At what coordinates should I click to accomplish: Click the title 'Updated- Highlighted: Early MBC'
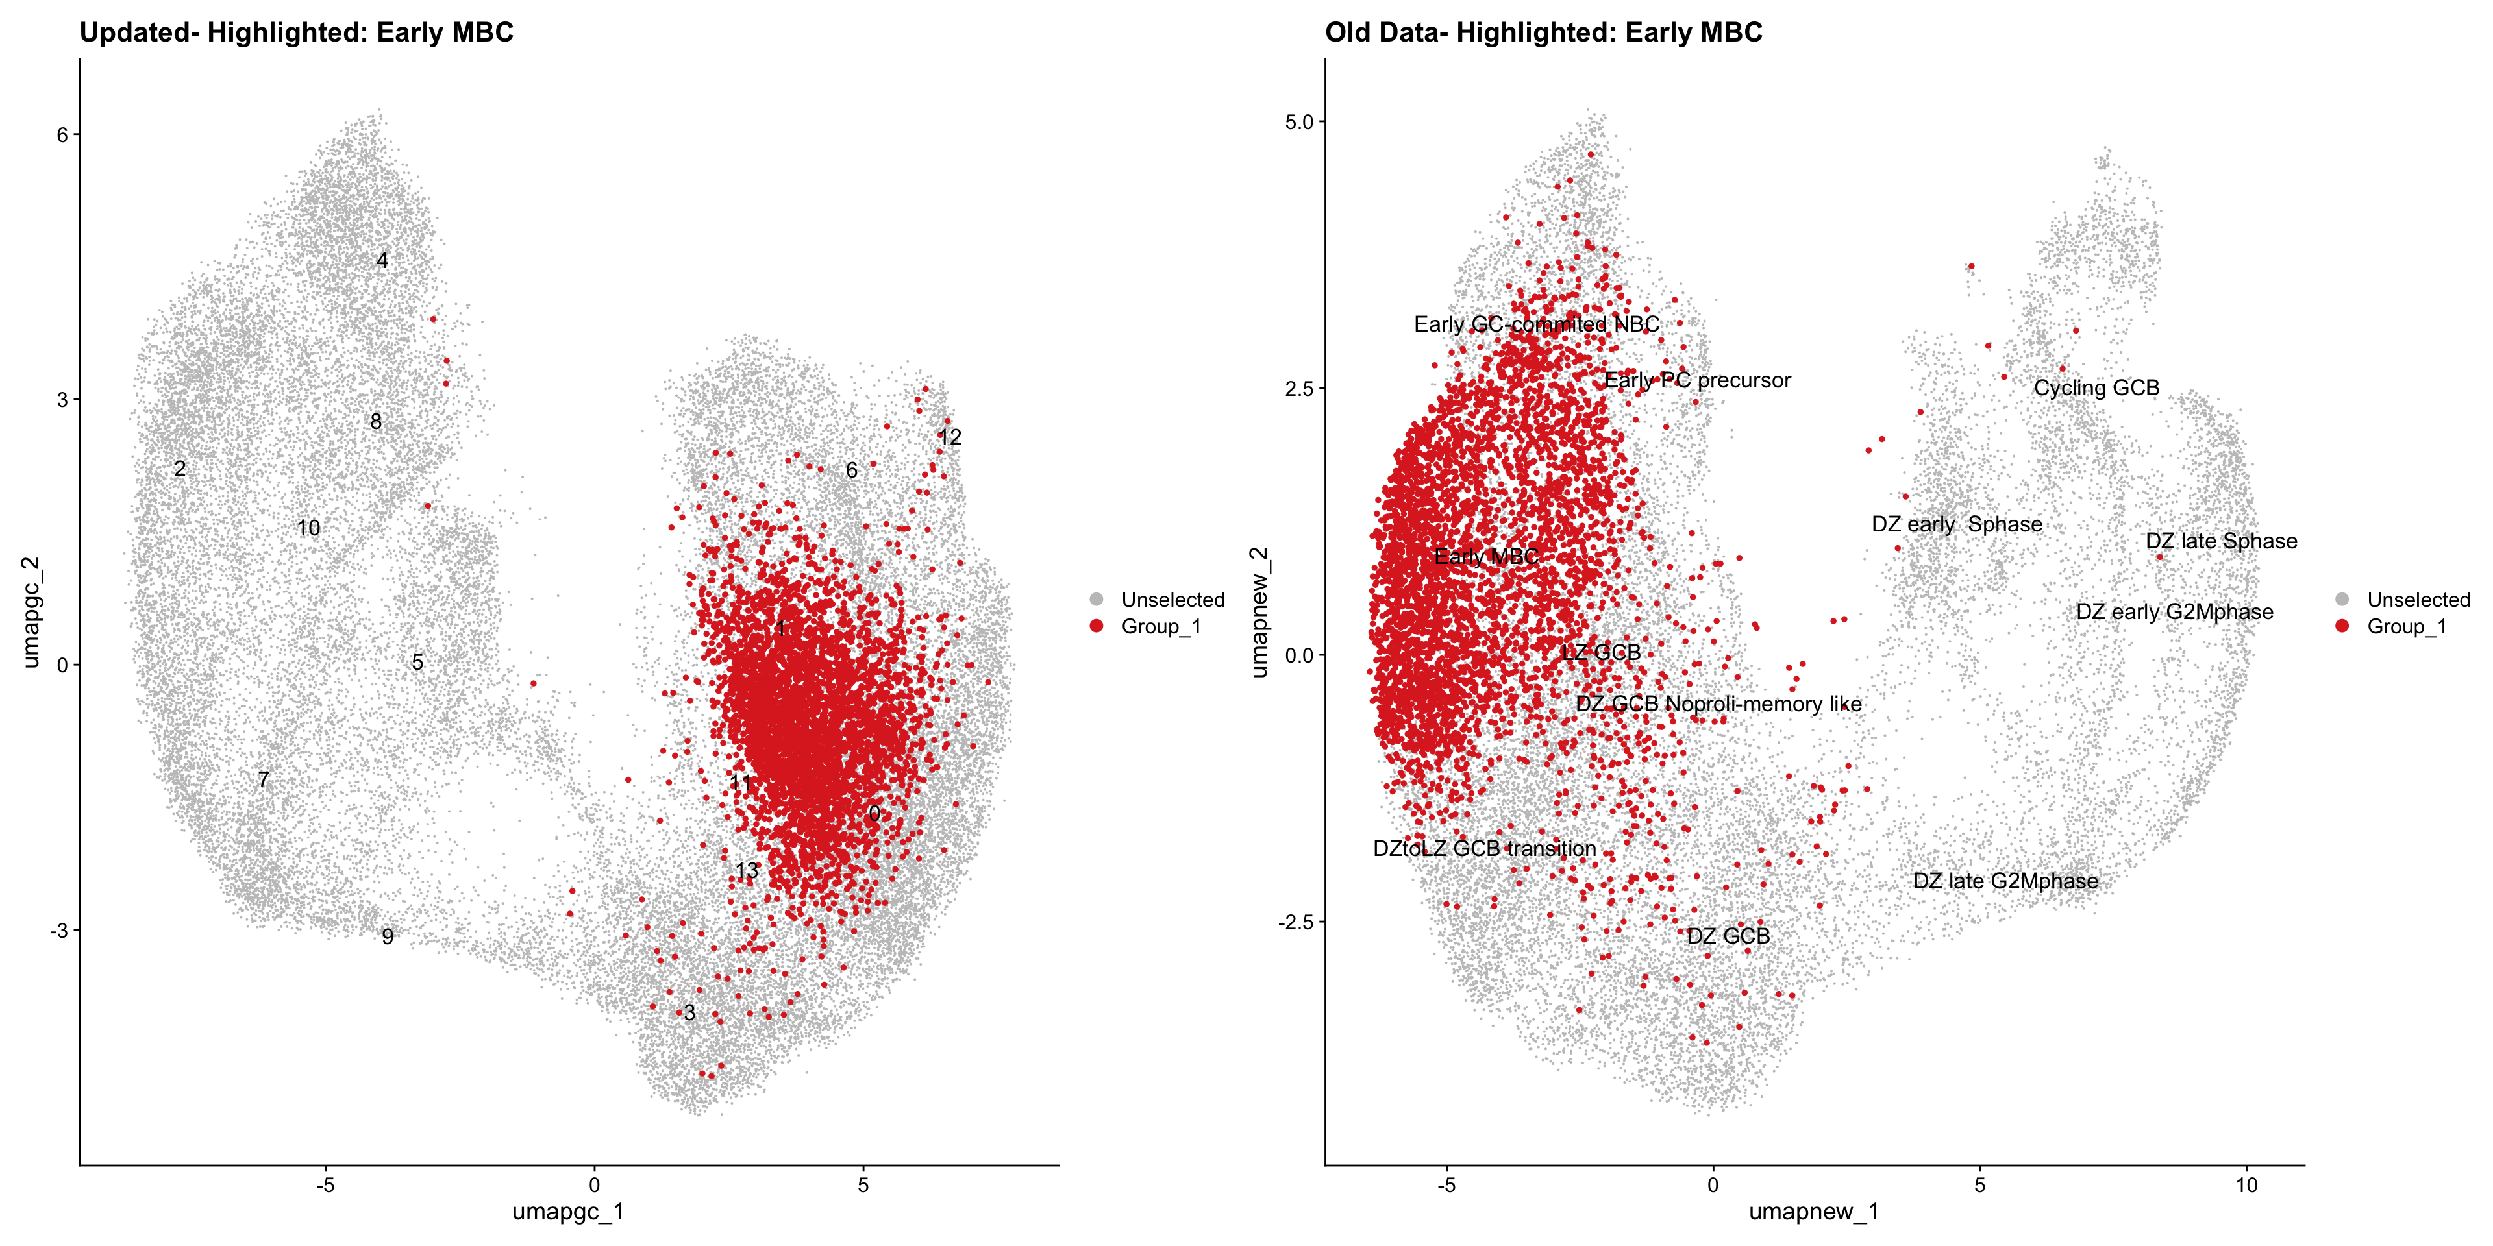[296, 33]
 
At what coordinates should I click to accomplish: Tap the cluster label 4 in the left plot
[382, 261]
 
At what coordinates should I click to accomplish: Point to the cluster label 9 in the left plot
[387, 936]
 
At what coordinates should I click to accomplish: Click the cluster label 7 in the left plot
[263, 779]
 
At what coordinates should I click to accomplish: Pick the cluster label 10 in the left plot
[309, 528]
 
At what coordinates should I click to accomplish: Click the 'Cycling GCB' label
[2096, 388]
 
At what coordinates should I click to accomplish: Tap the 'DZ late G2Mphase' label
[2005, 881]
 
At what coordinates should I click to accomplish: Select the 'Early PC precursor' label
[1698, 380]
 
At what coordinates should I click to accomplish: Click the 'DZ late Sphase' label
[2221, 541]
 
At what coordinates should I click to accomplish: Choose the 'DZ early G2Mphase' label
[2175, 613]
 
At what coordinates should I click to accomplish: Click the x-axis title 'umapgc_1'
[568, 1211]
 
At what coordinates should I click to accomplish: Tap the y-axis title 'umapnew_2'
[1258, 611]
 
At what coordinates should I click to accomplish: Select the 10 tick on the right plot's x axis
[2246, 1185]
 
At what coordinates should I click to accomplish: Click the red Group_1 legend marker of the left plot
[1097, 627]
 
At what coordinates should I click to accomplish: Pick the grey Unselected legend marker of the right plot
[2342, 600]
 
